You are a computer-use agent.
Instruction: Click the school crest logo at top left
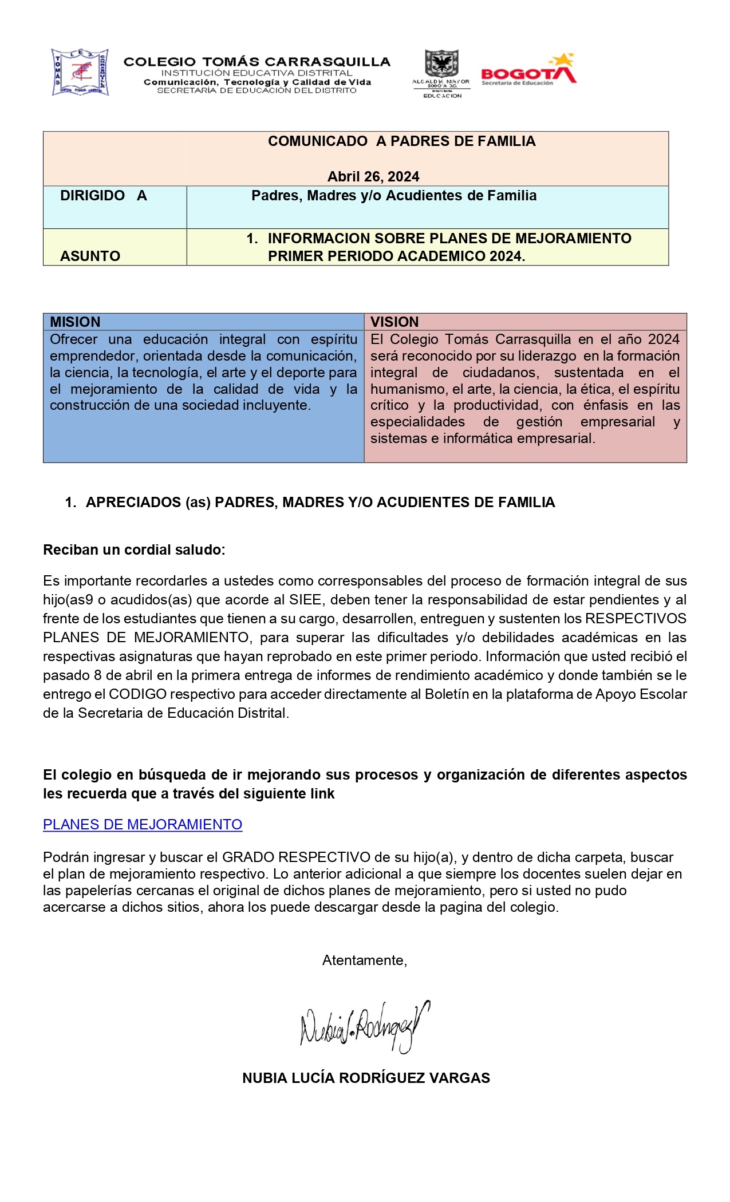80,72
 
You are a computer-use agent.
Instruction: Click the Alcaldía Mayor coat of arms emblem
441,64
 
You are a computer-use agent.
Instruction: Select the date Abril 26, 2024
373,176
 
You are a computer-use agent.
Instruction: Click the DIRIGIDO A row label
104,196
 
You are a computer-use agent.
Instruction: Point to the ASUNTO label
90,256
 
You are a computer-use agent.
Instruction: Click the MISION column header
75,322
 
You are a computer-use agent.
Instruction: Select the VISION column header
394,322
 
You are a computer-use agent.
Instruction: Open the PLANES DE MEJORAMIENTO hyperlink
143,824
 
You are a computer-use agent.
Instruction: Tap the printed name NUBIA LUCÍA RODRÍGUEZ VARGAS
366,1078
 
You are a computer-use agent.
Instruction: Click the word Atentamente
364,960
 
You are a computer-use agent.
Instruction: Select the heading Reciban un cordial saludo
134,549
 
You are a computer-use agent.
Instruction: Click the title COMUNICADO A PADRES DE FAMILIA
401,141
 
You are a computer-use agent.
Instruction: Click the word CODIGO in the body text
137,694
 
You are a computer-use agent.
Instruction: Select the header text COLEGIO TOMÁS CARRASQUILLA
257,61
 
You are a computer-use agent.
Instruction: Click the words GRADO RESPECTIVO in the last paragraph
295,857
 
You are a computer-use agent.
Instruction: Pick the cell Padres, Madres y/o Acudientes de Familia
394,196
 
